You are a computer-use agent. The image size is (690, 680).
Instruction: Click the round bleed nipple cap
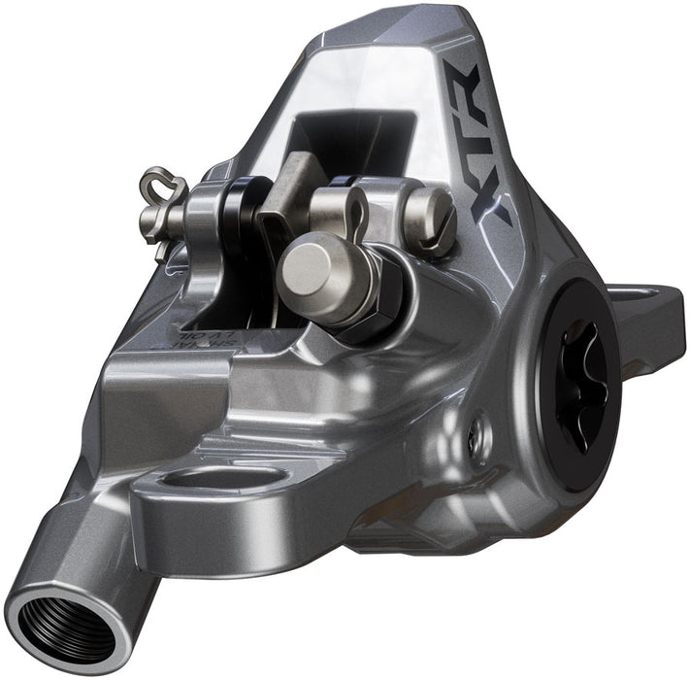point(316,266)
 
